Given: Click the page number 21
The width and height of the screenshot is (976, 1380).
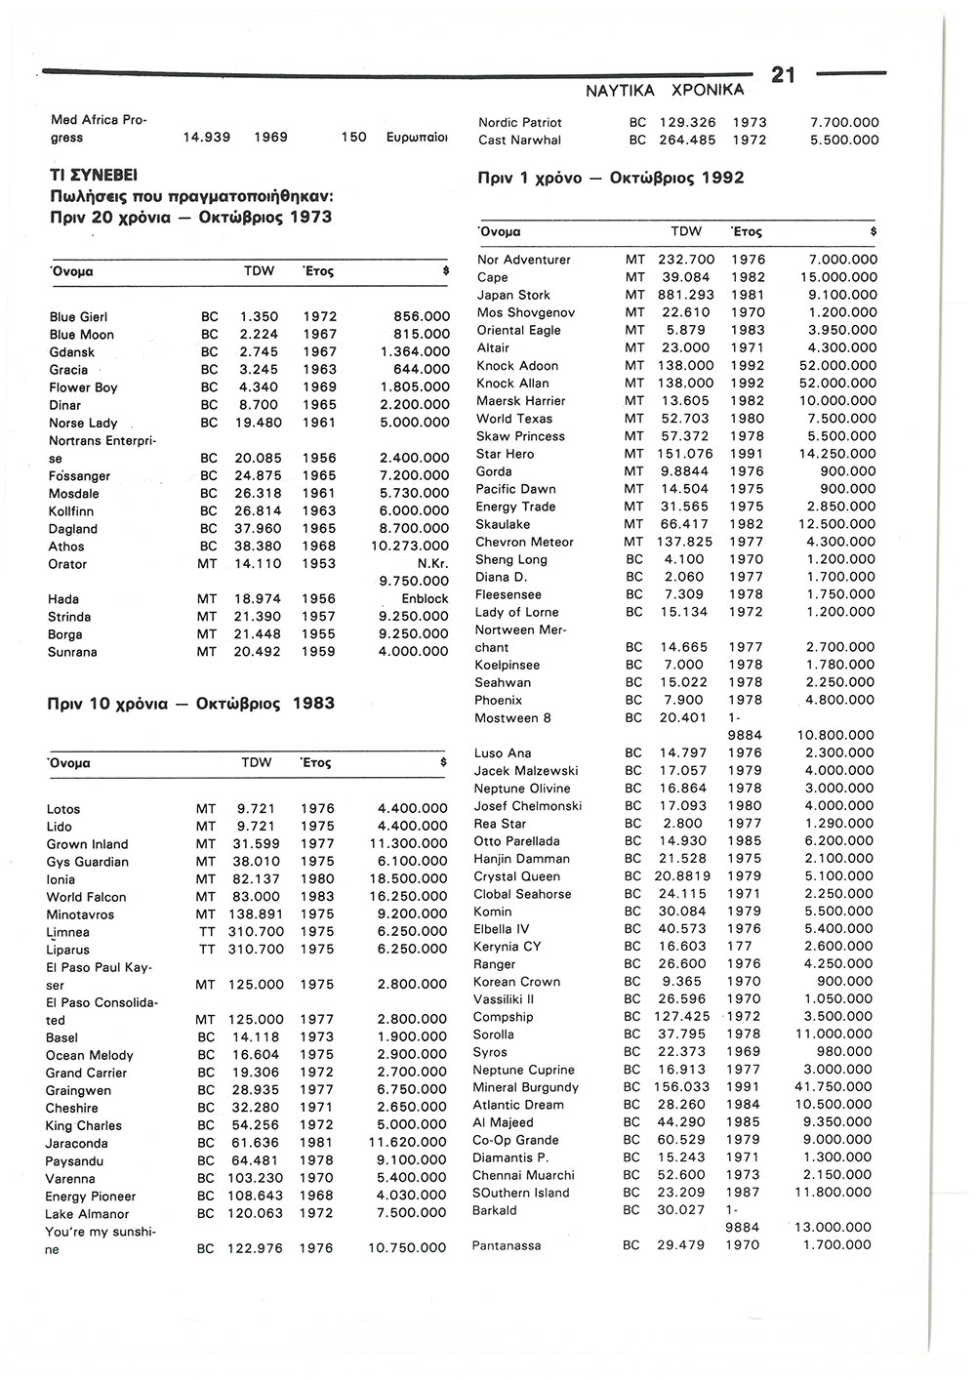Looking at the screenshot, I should tap(785, 74).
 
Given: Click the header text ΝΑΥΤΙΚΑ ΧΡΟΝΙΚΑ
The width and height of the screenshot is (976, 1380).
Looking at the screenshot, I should tap(664, 91).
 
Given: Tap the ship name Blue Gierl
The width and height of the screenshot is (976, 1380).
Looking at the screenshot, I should tap(78, 317).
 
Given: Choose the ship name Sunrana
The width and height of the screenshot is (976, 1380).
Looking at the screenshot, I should tap(72, 652).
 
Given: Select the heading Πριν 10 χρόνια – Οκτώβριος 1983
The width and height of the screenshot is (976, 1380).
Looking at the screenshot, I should tap(190, 704).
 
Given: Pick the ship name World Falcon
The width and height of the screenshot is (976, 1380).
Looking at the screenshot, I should tap(86, 897).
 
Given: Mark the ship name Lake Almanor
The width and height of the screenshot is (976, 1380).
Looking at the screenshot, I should tap(87, 1214).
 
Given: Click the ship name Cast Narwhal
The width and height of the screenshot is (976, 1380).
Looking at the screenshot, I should tap(519, 141).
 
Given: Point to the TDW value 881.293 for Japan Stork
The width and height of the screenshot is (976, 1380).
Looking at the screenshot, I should tap(687, 295).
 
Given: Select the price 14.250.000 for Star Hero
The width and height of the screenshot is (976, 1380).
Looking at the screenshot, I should tap(838, 454).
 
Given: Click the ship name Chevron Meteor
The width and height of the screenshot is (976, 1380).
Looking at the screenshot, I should tap(524, 542).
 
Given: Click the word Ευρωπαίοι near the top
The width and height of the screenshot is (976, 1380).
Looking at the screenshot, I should tap(417, 139).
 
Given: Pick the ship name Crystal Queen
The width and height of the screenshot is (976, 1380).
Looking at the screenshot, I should tap(516, 876).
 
